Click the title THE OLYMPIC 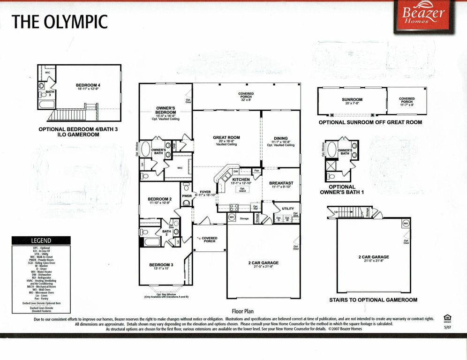coord(60,22)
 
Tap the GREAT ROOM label coord(226,138)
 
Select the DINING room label coord(280,139)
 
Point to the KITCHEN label coord(241,179)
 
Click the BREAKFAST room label coord(281,183)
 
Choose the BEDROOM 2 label coord(159,199)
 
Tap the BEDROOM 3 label coord(161,265)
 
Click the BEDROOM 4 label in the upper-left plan coord(88,85)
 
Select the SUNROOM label coord(352,99)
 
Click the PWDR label coord(187,196)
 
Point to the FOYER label coord(205,192)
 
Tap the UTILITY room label coord(288,209)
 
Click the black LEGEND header coord(41,240)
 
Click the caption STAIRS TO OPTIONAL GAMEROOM coord(373,300)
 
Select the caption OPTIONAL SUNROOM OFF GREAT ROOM coord(370,122)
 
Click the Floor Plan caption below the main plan coord(242,311)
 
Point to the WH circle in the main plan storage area coord(232,217)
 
